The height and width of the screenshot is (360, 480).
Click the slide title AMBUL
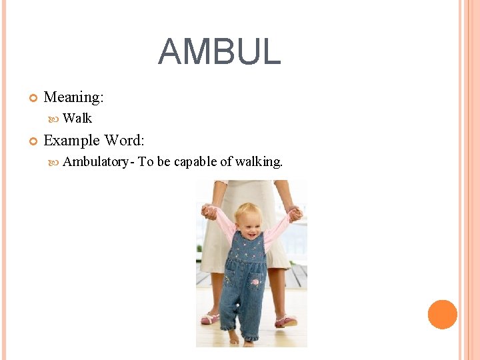click(x=219, y=52)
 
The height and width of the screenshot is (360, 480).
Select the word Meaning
click(x=73, y=97)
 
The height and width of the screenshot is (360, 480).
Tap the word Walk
click(x=77, y=119)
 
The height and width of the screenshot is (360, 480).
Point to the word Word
click(x=125, y=141)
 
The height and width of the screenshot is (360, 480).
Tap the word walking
click(x=259, y=161)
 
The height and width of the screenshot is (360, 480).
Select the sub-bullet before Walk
click(x=55, y=119)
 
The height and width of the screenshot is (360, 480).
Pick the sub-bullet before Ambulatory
click(x=55, y=162)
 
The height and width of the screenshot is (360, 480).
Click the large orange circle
click(x=443, y=315)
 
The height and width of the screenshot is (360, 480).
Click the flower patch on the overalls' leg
click(x=255, y=283)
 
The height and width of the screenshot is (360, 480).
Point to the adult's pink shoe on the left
click(x=210, y=319)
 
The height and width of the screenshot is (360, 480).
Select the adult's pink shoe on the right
click(x=286, y=321)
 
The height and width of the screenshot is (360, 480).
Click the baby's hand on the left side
click(x=209, y=212)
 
